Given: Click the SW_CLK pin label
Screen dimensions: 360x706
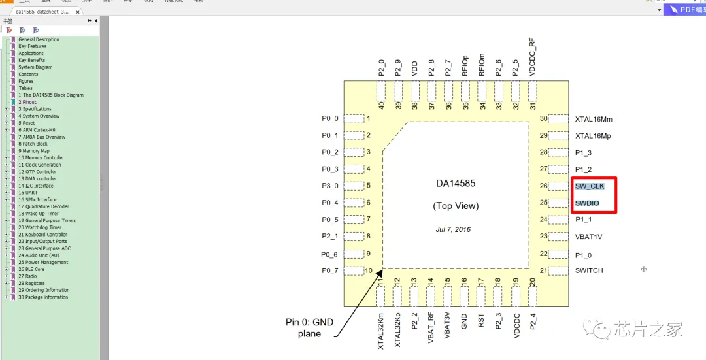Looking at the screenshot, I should click(x=590, y=186).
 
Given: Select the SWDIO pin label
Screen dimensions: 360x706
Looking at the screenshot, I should click(x=587, y=203).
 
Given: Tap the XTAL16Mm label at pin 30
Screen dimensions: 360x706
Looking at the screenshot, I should click(x=594, y=119).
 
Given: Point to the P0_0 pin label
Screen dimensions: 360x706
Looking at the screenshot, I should click(x=330, y=118).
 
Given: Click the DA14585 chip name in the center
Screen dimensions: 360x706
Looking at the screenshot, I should click(x=456, y=184).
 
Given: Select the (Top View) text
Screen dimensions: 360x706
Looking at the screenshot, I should click(x=456, y=206).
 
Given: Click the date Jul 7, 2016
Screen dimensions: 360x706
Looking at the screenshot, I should click(x=453, y=229).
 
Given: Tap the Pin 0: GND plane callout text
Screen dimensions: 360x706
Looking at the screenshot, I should click(x=310, y=328).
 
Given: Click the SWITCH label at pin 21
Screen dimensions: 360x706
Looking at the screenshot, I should click(x=589, y=270).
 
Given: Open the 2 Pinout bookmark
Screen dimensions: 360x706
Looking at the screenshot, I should click(x=27, y=102).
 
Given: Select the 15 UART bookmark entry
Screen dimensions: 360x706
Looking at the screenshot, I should click(x=27, y=193).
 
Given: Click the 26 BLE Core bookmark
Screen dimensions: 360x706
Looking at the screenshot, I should click(x=31, y=269).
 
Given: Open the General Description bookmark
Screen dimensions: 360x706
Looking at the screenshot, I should click(x=39, y=39).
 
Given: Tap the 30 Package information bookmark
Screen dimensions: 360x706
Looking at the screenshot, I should click(x=43, y=297).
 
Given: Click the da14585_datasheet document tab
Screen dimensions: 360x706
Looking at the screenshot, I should click(x=42, y=12).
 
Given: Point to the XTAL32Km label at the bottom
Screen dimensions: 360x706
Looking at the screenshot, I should click(x=381, y=331).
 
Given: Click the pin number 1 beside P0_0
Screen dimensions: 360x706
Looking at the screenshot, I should click(x=369, y=118).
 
